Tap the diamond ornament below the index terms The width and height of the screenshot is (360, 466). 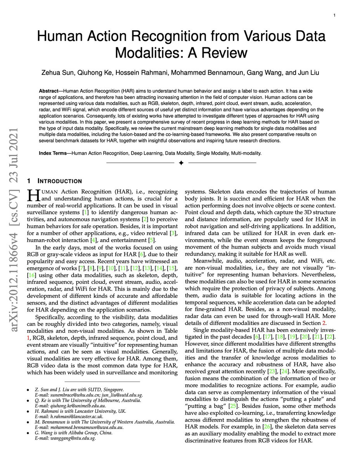pos(180,163)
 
